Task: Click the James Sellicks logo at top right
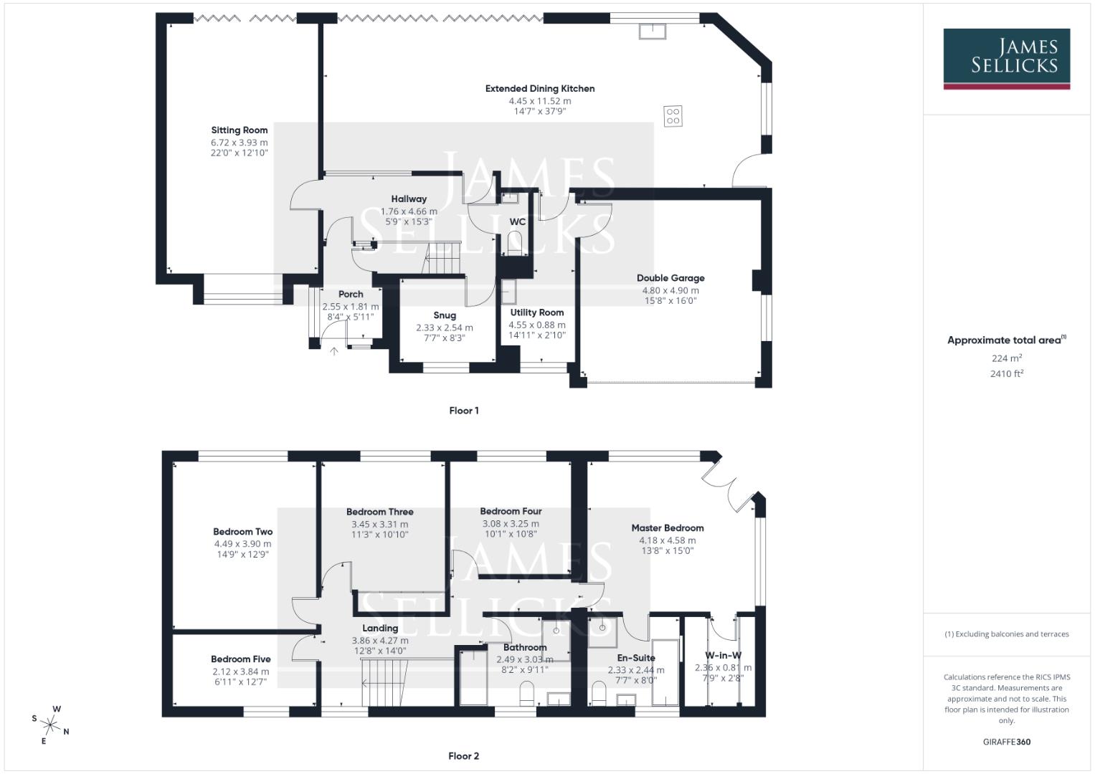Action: coord(1006,59)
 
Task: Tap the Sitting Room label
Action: coord(239,130)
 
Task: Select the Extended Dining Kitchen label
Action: coord(540,89)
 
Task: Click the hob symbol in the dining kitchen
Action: coord(673,116)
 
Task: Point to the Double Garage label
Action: coord(670,278)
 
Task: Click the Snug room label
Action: coord(445,315)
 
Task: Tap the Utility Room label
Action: coord(537,312)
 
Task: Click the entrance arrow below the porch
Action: coord(333,350)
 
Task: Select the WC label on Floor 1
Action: coord(517,222)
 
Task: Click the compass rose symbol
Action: coord(50,724)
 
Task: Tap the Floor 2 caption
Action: coord(463,756)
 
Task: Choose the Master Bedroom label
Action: coord(668,528)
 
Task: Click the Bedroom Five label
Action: coord(241,659)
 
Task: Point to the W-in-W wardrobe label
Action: coord(723,655)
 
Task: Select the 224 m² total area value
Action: coord(1006,358)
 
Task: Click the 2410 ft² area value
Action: coord(1006,373)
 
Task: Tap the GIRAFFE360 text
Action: coord(1006,742)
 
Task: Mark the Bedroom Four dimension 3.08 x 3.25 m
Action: coord(511,524)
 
